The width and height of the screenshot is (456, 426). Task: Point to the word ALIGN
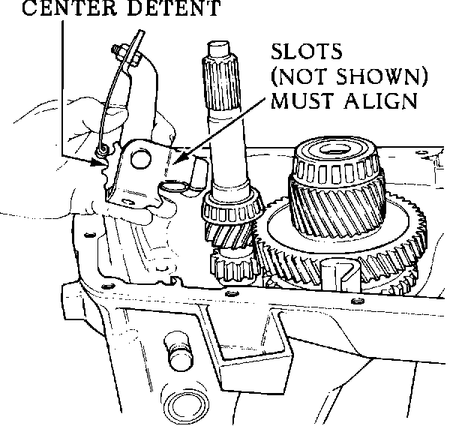point(377,100)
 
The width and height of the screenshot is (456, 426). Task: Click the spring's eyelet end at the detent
point(100,152)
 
